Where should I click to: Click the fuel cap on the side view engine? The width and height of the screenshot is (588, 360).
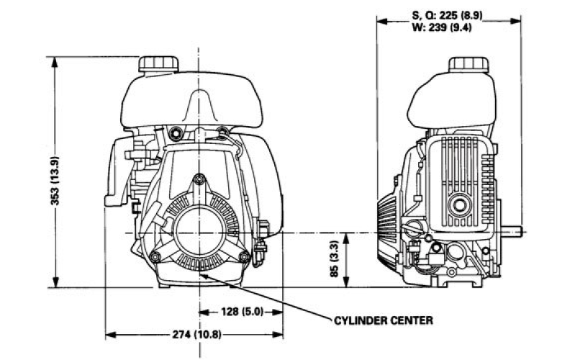(x=469, y=63)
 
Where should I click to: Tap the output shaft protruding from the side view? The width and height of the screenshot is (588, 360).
(x=512, y=233)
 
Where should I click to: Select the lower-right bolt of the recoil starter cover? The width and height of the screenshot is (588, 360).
(x=245, y=257)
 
